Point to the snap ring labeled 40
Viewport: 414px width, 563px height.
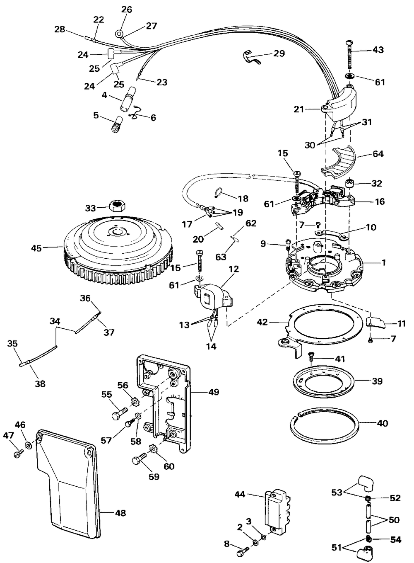pyautogui.click(x=326, y=432)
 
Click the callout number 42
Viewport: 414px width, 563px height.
pyautogui.click(x=263, y=322)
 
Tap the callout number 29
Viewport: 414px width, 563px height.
pyautogui.click(x=279, y=53)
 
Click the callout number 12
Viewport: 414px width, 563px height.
pyautogui.click(x=234, y=269)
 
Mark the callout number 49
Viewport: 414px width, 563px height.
pyautogui.click(x=214, y=392)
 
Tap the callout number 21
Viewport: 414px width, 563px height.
pyautogui.click(x=299, y=109)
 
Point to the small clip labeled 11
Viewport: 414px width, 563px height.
pyautogui.click(x=376, y=323)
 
